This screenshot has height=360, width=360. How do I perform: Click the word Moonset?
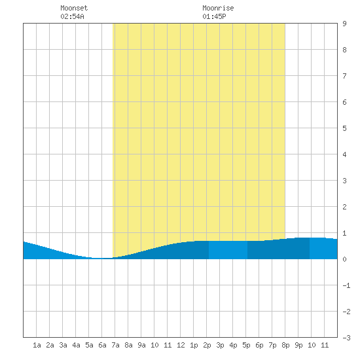[74, 8]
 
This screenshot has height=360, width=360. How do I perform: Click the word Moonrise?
[218, 8]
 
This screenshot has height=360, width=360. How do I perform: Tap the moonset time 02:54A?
[72, 16]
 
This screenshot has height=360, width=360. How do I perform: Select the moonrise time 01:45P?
[214, 16]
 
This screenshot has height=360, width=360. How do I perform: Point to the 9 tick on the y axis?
[344, 24]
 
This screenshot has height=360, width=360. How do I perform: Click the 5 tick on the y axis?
[344, 128]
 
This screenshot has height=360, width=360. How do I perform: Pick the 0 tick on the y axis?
[344, 259]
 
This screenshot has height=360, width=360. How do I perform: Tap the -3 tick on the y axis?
[346, 338]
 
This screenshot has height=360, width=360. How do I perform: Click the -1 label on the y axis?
[346, 285]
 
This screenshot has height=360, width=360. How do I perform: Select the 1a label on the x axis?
[37, 345]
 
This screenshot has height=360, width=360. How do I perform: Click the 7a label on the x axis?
[115, 345]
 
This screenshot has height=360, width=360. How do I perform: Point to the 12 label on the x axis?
[181, 345]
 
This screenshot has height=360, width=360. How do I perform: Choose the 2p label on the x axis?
[207, 345]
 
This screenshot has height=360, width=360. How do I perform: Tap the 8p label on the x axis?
[285, 345]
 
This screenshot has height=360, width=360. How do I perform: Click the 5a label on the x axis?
[89, 345]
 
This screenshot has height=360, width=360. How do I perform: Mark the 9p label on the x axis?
[298, 345]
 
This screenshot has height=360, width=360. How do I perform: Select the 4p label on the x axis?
[233, 345]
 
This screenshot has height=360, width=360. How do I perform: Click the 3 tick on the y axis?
[344, 181]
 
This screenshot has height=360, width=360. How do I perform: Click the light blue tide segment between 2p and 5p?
[228, 250]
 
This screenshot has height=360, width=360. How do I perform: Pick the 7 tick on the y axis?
[344, 76]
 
